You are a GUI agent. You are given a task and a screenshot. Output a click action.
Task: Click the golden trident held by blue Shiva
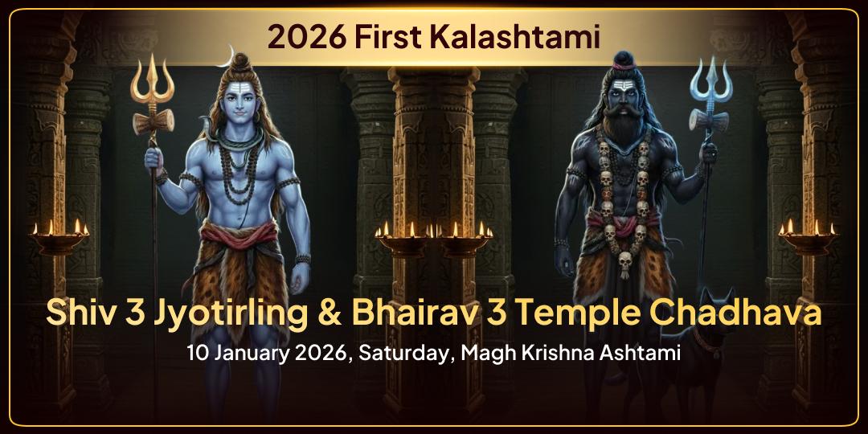coord(154,88)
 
